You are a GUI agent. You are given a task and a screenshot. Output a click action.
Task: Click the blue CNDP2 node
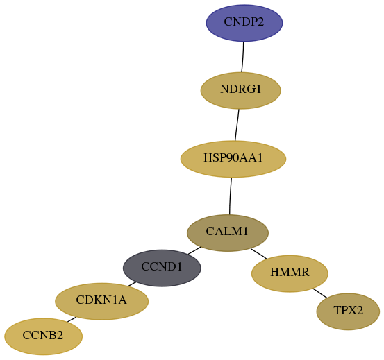point(244,23)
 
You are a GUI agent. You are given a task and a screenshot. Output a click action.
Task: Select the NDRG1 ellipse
point(241,90)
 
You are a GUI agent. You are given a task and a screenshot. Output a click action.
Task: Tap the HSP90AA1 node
point(233,159)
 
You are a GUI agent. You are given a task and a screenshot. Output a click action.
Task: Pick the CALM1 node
point(228,233)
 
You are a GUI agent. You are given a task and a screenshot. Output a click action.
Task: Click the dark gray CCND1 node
point(162,268)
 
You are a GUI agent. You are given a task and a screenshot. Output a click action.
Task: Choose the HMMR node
point(290,274)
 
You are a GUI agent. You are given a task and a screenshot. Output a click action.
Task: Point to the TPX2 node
point(348,311)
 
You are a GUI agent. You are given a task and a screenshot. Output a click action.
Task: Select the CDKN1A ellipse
point(101,302)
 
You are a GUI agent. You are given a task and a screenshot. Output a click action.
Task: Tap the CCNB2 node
point(43,336)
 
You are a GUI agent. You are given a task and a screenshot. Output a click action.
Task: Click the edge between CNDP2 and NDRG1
point(243,57)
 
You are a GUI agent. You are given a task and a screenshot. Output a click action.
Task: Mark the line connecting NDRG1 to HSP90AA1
point(237,125)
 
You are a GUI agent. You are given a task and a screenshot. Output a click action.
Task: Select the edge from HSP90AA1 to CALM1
point(231,196)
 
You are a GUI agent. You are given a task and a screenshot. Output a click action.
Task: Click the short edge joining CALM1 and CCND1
point(194,250)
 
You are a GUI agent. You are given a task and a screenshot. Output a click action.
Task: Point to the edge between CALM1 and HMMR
point(258,254)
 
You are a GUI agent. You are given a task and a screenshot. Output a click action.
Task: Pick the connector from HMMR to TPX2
point(320,293)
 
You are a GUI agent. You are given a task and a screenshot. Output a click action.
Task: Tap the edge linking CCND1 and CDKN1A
point(132,284)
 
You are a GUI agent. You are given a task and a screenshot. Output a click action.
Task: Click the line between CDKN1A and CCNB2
point(72,320)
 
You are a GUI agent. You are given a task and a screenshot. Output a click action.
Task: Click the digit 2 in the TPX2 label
point(359,310)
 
